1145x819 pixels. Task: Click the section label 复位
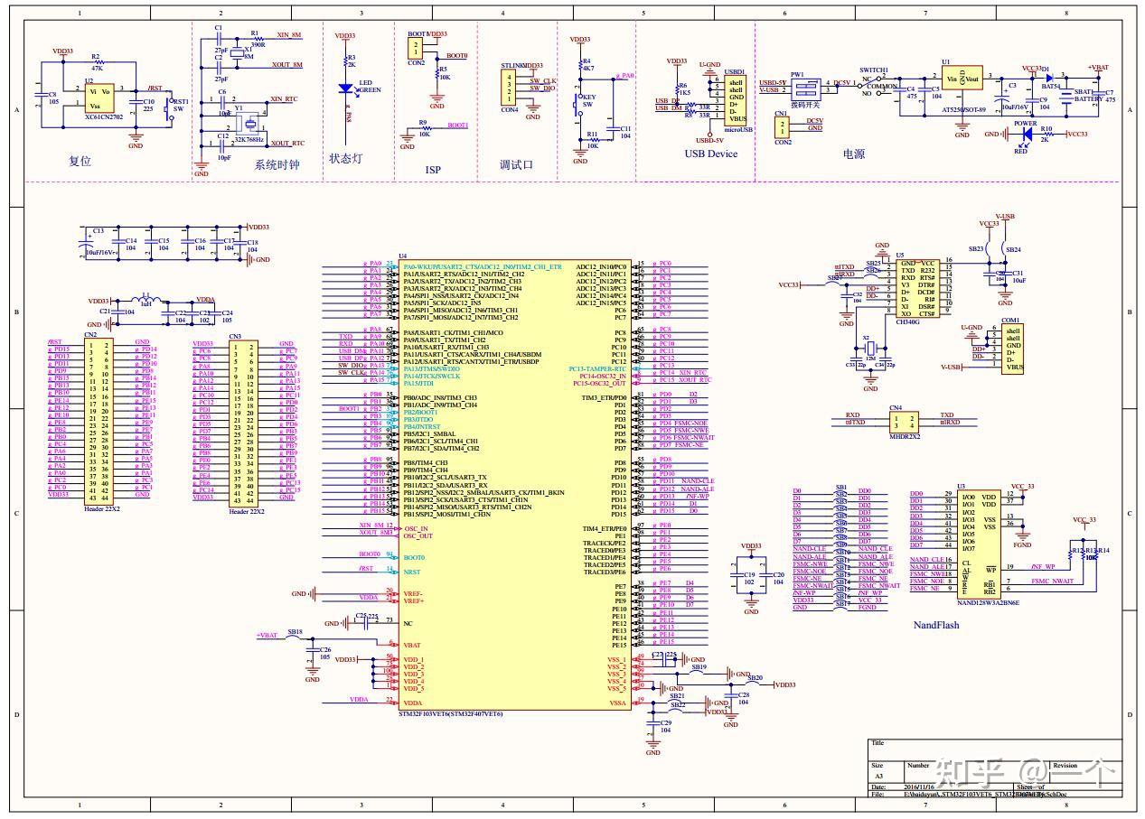[80, 162]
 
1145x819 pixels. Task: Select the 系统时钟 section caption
[277, 165]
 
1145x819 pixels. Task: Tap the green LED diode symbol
[344, 88]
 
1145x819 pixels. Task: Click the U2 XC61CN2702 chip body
[99, 98]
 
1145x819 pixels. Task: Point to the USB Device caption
[710, 154]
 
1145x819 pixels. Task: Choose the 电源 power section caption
[853, 154]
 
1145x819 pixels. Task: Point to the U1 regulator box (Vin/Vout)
[962, 79]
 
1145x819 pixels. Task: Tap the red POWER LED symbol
[1025, 135]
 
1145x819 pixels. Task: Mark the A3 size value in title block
[878, 776]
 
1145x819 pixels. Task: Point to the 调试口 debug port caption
[516, 165]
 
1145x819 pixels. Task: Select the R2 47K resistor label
[96, 62]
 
